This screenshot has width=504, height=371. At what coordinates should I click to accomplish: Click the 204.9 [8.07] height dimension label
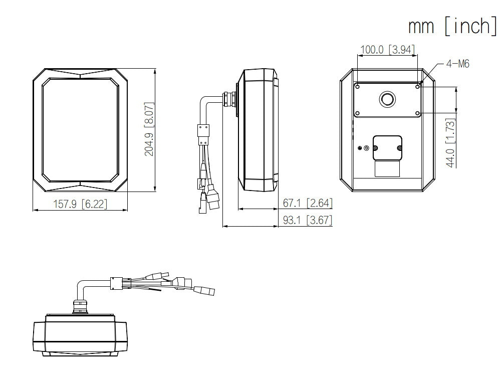point(149,130)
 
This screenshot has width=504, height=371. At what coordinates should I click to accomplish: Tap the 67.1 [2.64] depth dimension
point(307,203)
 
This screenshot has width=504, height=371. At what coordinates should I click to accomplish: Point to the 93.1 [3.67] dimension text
point(307,220)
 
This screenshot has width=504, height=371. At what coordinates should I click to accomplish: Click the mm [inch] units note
point(452,26)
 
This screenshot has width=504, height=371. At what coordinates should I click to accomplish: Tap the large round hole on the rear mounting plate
point(387,99)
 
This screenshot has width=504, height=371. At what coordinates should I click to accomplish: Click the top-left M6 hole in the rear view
point(358,87)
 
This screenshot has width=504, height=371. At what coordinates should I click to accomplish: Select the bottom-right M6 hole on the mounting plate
point(417,113)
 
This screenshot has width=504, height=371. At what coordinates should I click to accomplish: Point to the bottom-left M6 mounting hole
point(358,113)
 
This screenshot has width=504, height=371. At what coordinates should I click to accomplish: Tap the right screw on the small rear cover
point(399,147)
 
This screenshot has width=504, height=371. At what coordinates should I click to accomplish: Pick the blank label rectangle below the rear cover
point(387,168)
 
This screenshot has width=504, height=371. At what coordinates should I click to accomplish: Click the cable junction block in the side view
point(203,133)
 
